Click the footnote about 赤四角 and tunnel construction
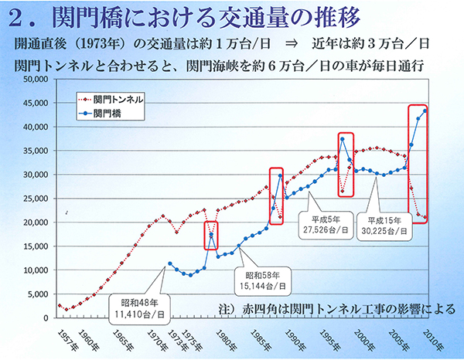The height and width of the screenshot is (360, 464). click(x=324, y=307)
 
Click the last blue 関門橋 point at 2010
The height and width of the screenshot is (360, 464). click(x=425, y=110)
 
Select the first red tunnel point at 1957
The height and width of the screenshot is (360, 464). click(x=60, y=305)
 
